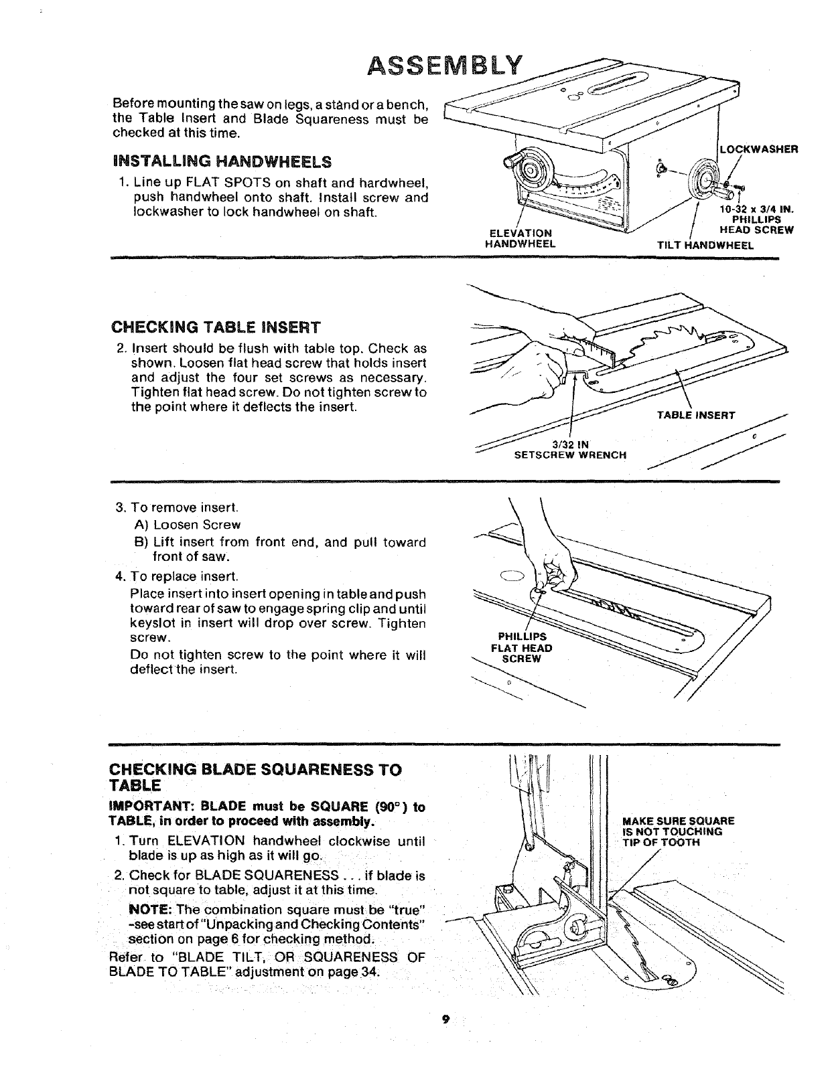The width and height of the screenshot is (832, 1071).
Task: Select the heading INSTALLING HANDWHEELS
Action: (222, 162)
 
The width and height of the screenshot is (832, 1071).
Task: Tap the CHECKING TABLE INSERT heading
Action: (216, 327)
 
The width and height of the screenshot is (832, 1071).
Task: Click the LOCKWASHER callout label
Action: (758, 149)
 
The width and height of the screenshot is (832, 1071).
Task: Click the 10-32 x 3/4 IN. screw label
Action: (756, 209)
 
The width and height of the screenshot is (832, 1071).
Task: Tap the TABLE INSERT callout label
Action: (696, 415)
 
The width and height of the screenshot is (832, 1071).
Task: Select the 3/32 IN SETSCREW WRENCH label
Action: (569, 450)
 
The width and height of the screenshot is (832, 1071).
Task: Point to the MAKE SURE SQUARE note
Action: (678, 831)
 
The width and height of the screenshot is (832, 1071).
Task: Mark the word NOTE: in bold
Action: (151, 910)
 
